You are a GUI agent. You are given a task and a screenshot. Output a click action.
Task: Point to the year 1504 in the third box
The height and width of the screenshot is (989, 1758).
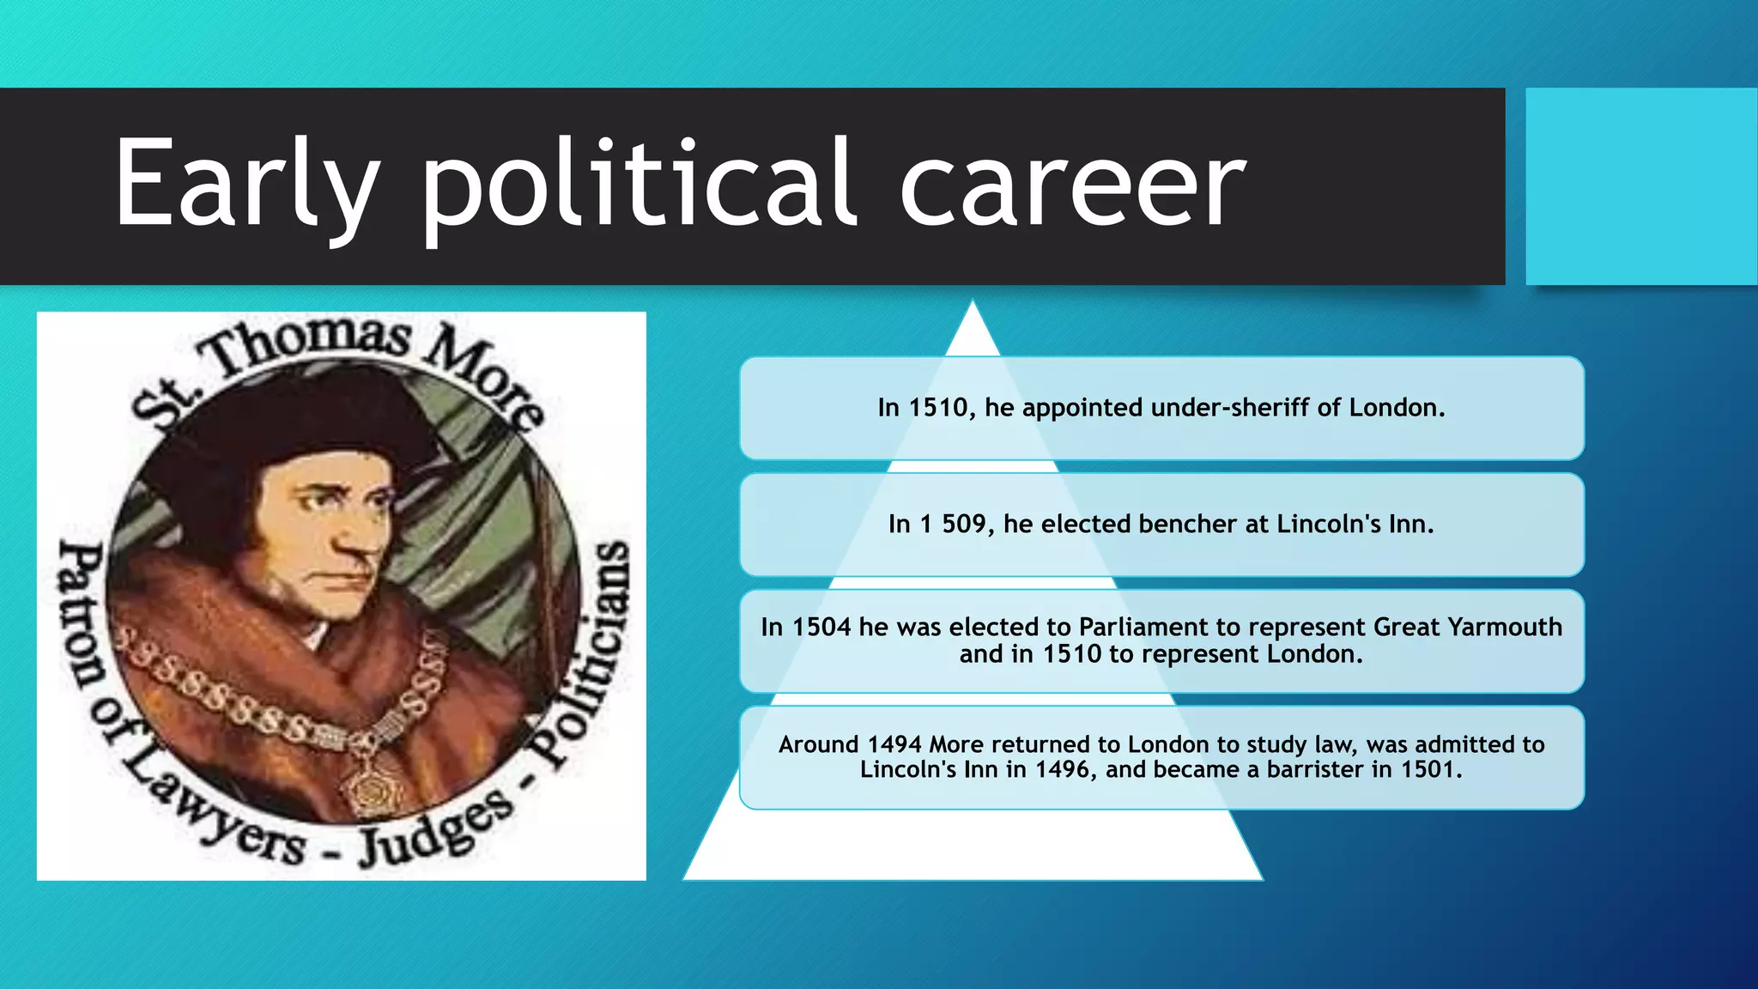pyautogui.click(x=821, y=628)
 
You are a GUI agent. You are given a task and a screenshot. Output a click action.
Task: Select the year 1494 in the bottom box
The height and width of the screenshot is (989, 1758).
pyautogui.click(x=894, y=744)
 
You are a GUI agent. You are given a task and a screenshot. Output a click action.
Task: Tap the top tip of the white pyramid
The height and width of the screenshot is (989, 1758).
pyautogui.click(x=973, y=306)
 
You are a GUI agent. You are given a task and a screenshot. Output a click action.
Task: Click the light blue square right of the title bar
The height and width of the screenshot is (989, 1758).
pyautogui.click(x=1640, y=186)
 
